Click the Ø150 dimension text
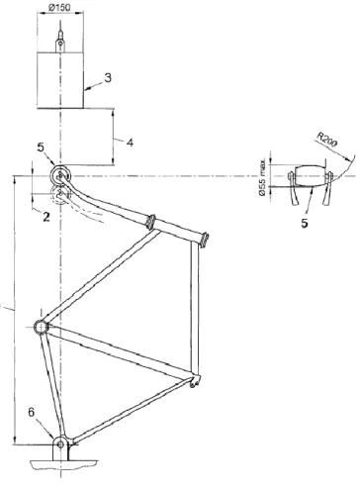pos(60,7)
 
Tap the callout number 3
pos(108,78)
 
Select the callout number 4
pos(130,143)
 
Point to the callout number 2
pos(46,217)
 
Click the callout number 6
pos(31,412)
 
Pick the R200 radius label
pos(327,140)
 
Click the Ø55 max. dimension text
pos(262,177)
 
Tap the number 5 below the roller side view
pos(305,223)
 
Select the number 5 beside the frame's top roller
pos(41,147)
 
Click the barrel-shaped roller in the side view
pos(310,176)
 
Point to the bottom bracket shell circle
pos(41,327)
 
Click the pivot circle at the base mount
pos(60,444)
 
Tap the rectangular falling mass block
pos(60,80)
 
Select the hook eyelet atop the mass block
pos(60,43)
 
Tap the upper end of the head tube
pos(205,240)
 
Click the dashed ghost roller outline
pos(60,195)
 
